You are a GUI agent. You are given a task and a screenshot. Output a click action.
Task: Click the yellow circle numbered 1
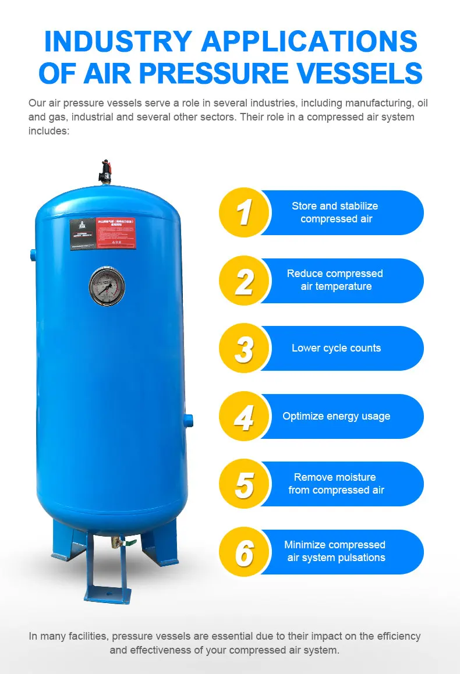coord(243,212)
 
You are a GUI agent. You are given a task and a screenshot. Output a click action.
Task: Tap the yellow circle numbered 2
coord(243,281)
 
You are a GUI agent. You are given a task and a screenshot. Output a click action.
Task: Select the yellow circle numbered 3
coord(243,348)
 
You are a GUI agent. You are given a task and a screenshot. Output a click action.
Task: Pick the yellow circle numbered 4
coord(243,416)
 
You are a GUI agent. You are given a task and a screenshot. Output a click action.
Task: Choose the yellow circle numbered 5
coord(243,484)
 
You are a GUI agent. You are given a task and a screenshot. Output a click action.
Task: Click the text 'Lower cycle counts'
coord(336,348)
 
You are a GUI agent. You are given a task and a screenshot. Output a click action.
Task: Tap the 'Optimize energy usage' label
coord(336,416)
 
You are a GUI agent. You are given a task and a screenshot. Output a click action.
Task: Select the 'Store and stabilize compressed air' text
coord(335,212)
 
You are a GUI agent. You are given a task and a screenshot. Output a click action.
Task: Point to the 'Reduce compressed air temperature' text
coord(335,280)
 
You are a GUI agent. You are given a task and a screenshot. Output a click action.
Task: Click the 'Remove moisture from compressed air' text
coord(335,484)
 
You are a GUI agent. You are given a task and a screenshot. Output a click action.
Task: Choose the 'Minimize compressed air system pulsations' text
coord(335,551)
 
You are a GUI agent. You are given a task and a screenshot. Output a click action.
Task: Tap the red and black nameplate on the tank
coord(102,234)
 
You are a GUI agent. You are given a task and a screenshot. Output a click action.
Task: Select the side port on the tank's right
coord(189,419)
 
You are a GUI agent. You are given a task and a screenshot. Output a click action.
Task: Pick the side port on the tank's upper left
coord(31,253)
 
